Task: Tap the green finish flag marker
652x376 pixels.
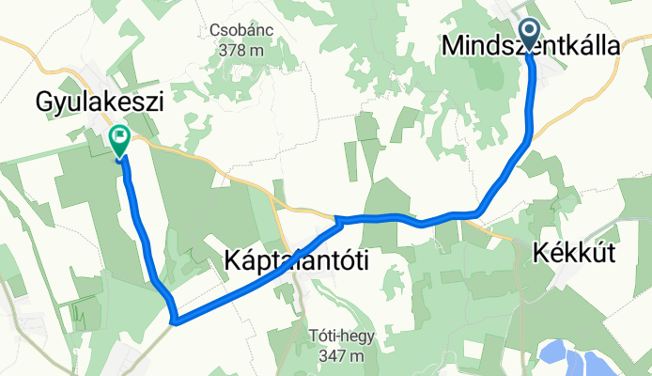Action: (120, 141)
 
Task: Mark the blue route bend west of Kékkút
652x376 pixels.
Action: (479, 212)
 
